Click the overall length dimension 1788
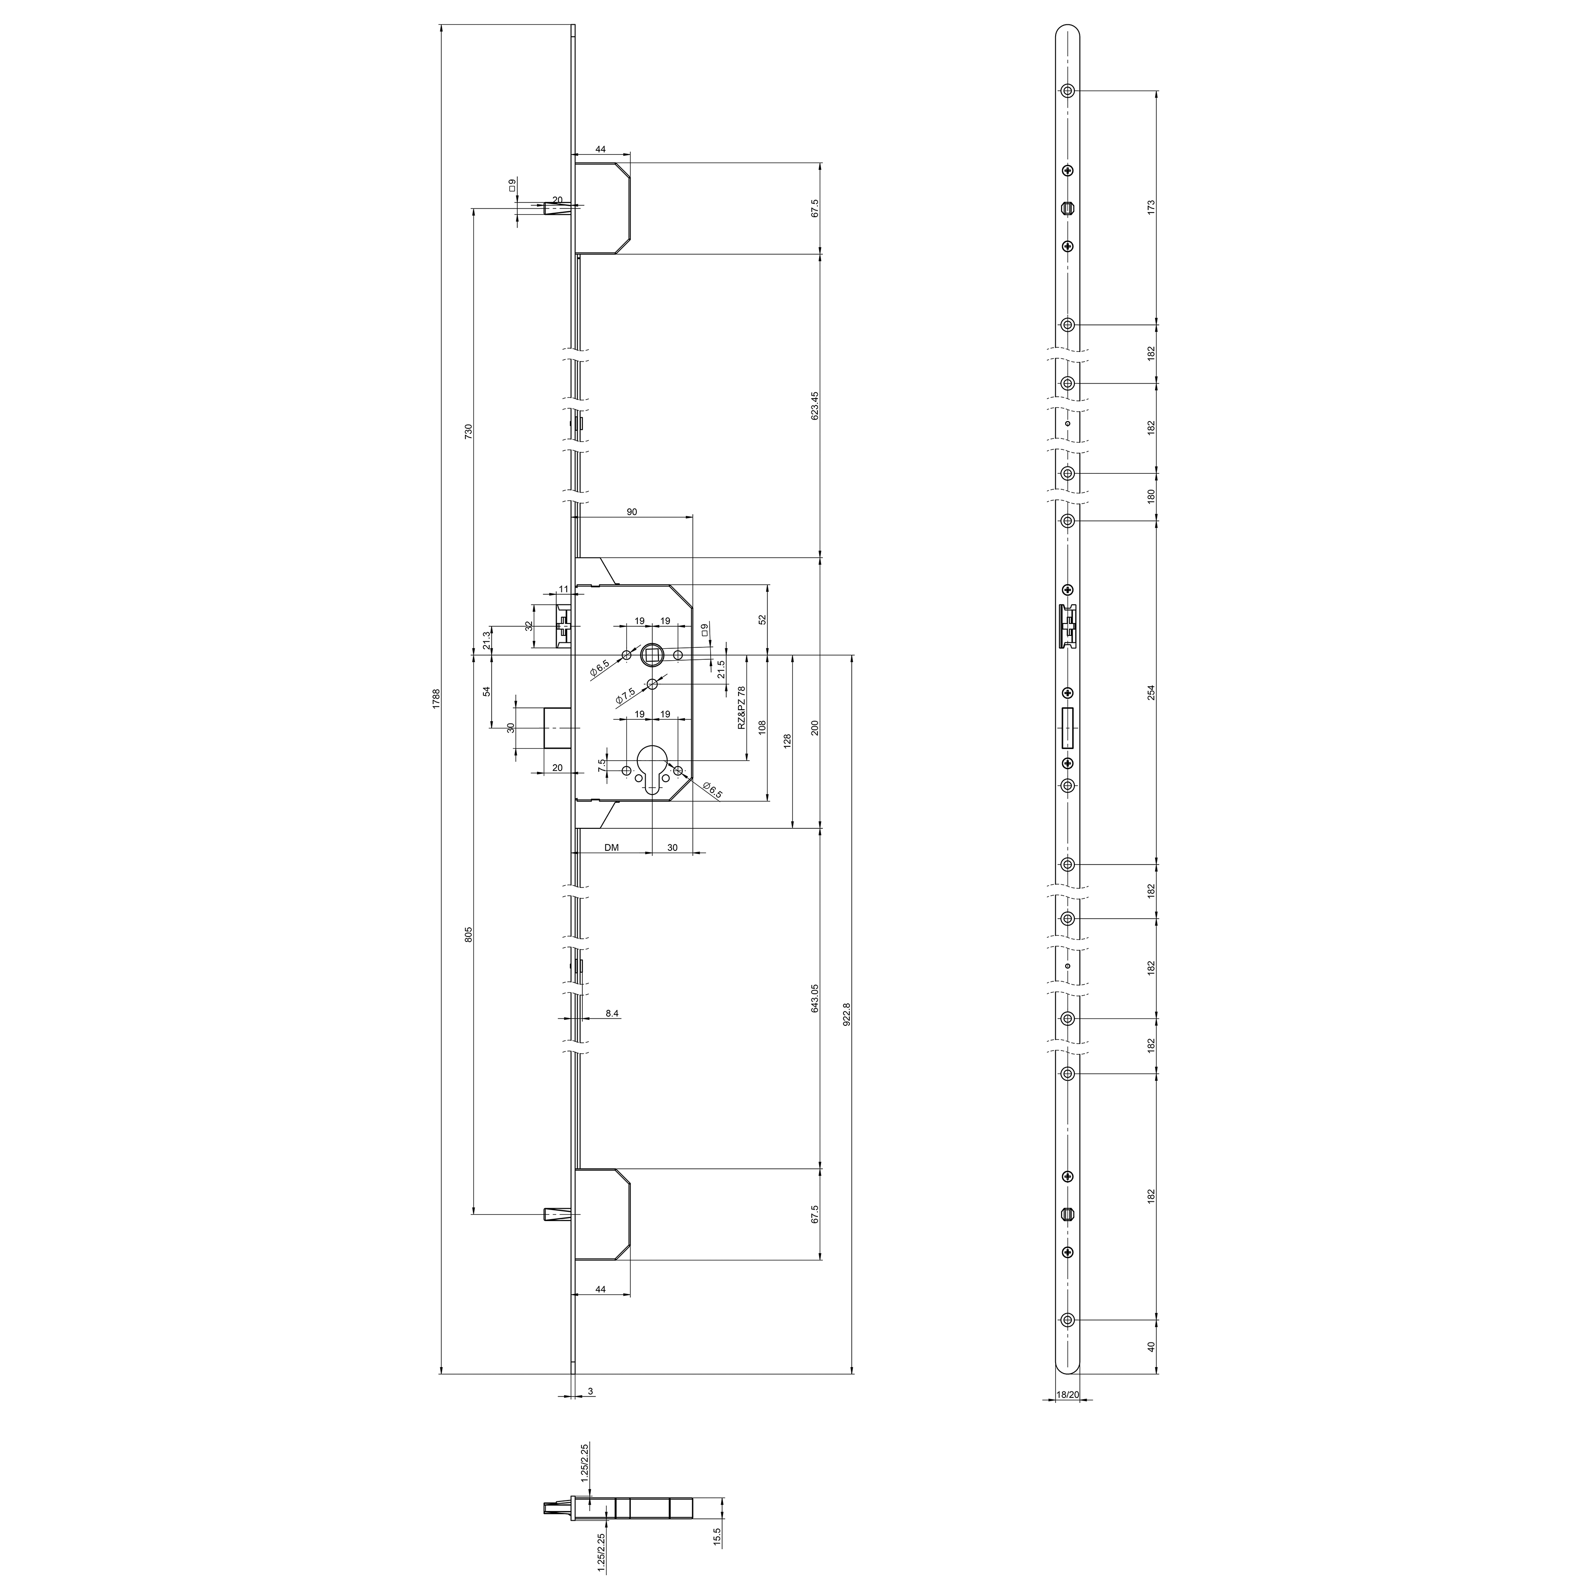[437, 699]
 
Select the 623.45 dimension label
[815, 405]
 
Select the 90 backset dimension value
[632, 512]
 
